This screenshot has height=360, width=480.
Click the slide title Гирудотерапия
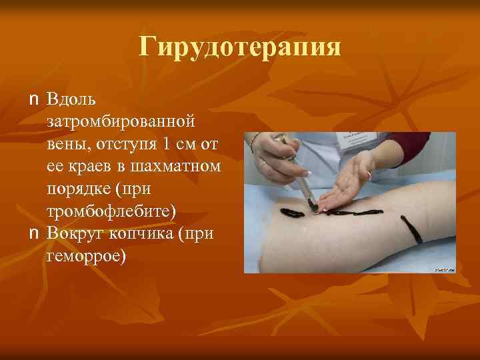tap(240, 47)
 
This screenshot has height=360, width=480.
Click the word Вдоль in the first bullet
tap(71, 101)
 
